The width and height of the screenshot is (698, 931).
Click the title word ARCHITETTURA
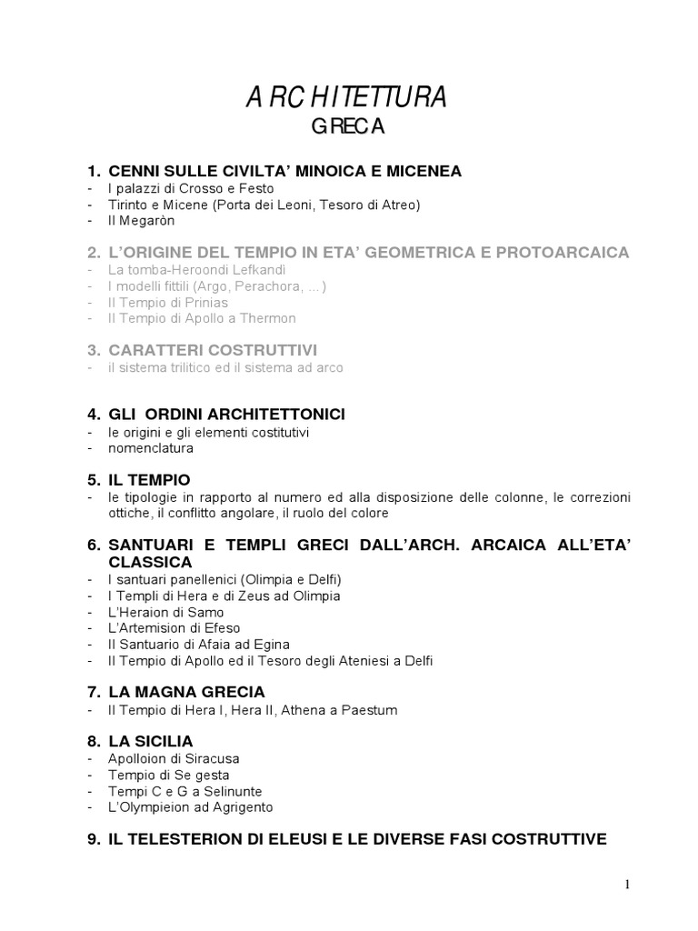(x=346, y=98)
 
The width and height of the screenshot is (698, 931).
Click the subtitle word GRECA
(x=348, y=128)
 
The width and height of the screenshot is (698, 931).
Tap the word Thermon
(x=267, y=318)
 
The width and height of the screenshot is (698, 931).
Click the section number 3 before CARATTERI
(x=93, y=350)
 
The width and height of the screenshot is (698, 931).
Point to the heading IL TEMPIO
(x=149, y=479)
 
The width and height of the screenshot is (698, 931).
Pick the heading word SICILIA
(x=165, y=741)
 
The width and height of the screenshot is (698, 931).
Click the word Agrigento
(x=237, y=806)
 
